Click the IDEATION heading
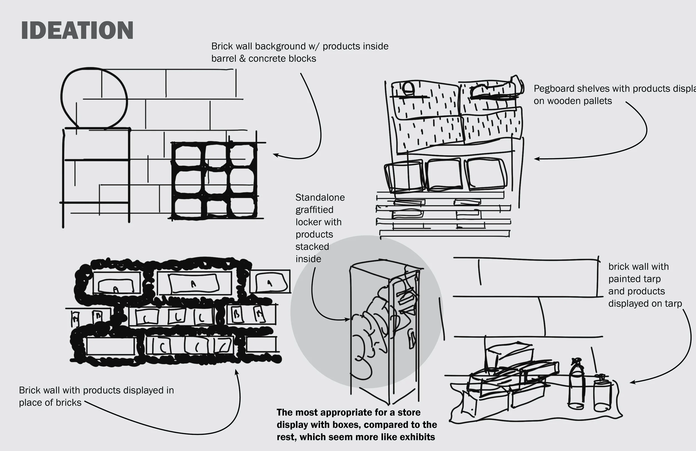click(x=77, y=30)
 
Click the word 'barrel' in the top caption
click(x=224, y=59)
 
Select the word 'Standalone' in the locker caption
click(x=320, y=197)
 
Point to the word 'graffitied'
click(x=314, y=210)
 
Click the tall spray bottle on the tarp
click(x=576, y=384)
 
